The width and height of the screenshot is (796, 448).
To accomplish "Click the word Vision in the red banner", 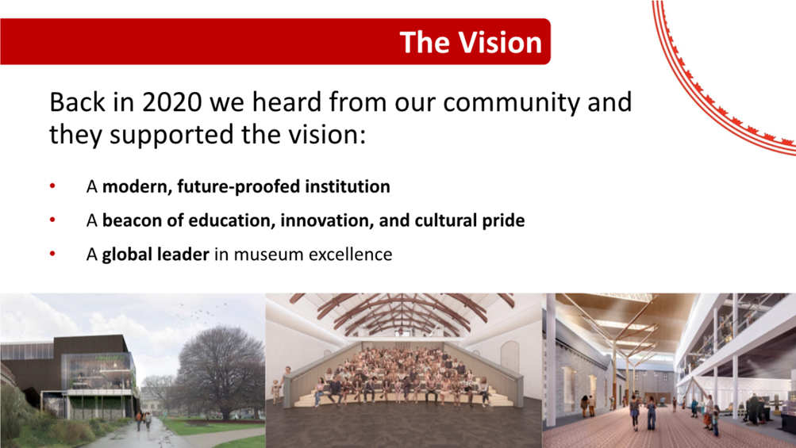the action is (x=500, y=42).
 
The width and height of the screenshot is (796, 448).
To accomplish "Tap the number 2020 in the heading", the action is (x=172, y=102).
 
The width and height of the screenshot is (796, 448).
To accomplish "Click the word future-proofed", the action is (x=239, y=187).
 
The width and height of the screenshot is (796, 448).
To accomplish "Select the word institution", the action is (x=348, y=186).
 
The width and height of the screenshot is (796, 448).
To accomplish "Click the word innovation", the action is (x=326, y=220).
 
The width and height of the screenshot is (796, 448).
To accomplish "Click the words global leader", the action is (x=156, y=255).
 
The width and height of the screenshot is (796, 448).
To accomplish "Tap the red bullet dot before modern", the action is (x=52, y=186).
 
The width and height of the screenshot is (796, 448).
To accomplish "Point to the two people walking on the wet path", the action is (x=143, y=421).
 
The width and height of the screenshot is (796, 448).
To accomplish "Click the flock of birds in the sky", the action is (x=202, y=312).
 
